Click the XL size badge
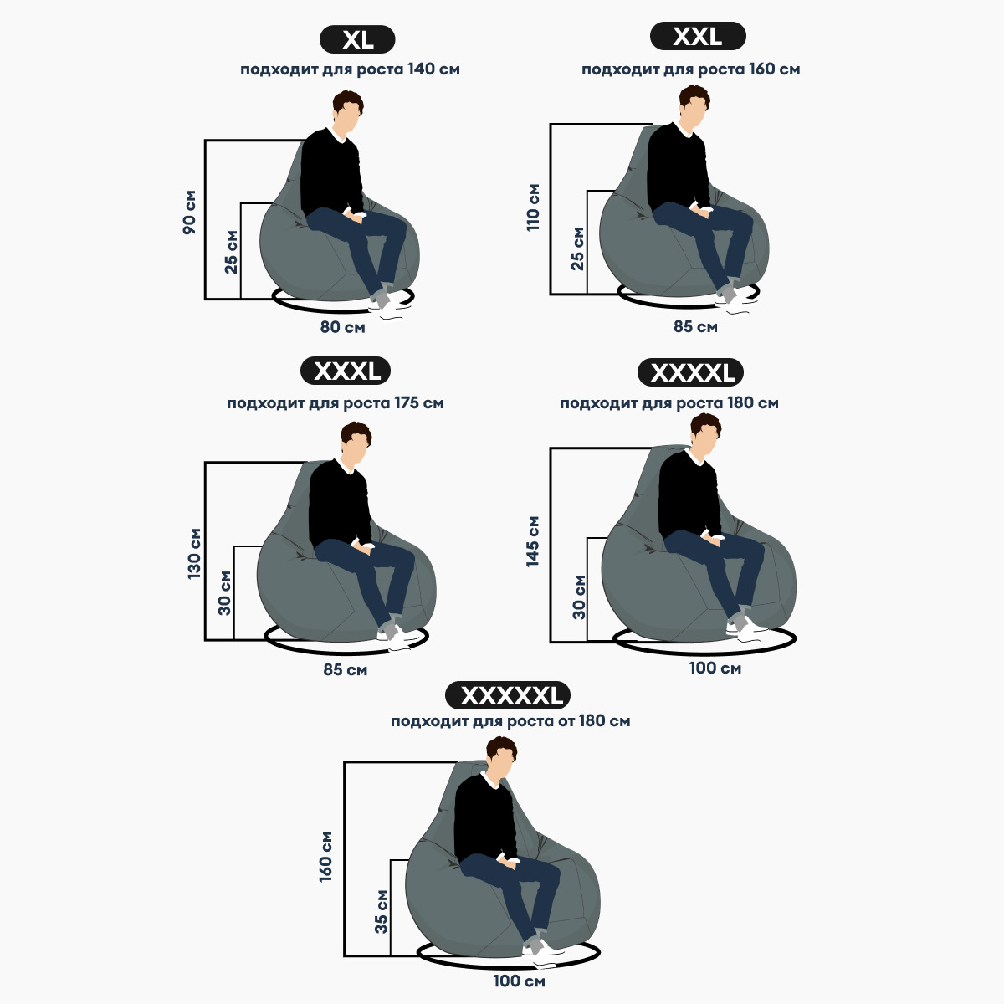(357, 39)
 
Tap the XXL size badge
(698, 37)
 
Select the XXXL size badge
(346, 371)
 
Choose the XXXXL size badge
(691, 372)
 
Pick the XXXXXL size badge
(508, 695)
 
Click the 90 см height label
(190, 212)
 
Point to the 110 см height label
(533, 207)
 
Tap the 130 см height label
(194, 553)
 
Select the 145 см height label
(532, 541)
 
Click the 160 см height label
(325, 857)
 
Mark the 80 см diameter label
(342, 327)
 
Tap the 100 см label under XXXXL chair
(715, 668)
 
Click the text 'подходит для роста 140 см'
(350, 69)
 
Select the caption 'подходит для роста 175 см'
(335, 403)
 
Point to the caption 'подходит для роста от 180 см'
(510, 721)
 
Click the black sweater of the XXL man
(679, 166)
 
